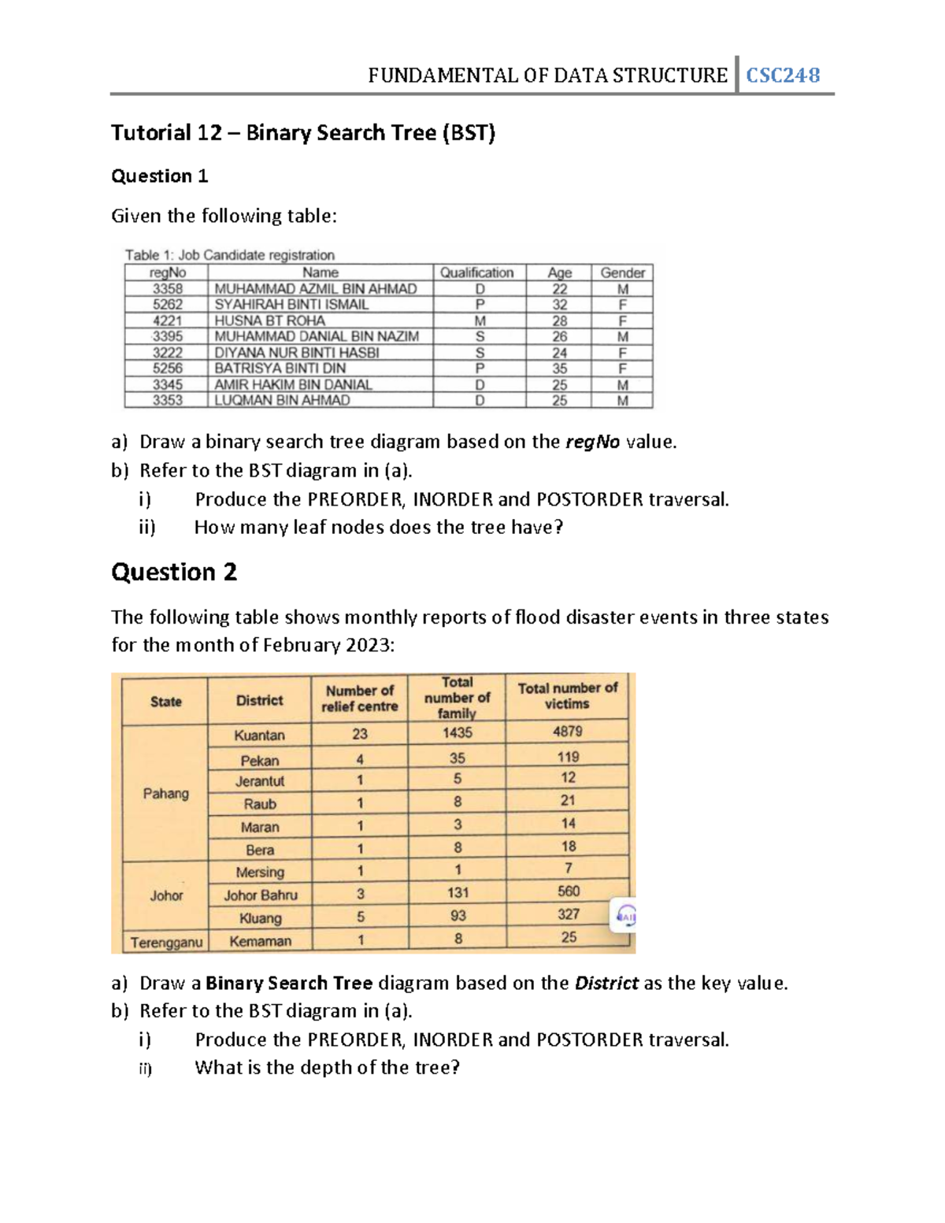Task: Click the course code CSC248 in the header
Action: click(783, 76)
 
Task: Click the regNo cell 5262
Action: click(168, 305)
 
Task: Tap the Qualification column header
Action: click(476, 272)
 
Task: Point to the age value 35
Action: click(559, 369)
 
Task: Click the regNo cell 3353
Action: click(168, 400)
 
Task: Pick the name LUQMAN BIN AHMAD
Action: click(282, 400)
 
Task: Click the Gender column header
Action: click(622, 272)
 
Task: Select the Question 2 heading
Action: click(174, 572)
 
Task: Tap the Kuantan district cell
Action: click(260, 735)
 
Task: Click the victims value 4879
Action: click(567, 732)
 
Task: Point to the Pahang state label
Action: click(166, 793)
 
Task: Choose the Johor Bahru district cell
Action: click(261, 895)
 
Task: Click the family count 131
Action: click(458, 893)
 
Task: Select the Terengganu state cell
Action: click(166, 942)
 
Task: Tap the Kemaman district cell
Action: click(261, 941)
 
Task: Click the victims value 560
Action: click(568, 891)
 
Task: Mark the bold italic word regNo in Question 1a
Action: click(593, 442)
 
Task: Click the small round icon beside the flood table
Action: click(626, 916)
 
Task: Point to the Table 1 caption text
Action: click(230, 255)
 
